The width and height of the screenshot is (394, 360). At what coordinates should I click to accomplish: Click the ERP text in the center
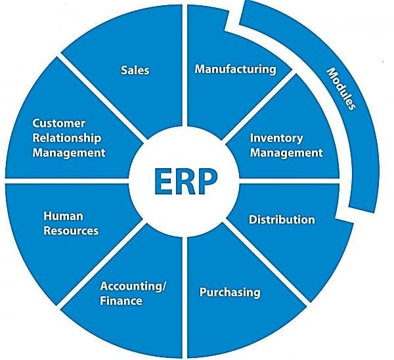[185, 181]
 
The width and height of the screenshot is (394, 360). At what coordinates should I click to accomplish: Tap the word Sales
[135, 70]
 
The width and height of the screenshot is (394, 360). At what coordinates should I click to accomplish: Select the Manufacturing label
[236, 70]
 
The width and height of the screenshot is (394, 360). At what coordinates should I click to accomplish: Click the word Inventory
[276, 139]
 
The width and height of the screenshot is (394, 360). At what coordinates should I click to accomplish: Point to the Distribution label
[282, 219]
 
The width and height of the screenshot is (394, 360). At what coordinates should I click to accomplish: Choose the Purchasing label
[230, 292]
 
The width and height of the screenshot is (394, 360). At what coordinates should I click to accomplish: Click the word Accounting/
[133, 286]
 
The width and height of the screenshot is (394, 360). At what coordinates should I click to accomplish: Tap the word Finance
[121, 301]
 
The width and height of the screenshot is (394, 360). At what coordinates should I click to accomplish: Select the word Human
[63, 216]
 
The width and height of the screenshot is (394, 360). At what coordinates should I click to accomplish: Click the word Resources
[71, 231]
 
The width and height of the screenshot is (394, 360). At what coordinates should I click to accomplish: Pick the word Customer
[59, 124]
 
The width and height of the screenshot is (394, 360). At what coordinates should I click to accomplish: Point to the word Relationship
[67, 138]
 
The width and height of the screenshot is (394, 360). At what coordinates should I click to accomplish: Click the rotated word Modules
[341, 89]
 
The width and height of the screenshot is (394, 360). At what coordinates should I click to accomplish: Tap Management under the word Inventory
[286, 153]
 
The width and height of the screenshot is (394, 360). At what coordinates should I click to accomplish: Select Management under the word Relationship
[69, 153]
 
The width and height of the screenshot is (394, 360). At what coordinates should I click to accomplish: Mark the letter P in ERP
[208, 181]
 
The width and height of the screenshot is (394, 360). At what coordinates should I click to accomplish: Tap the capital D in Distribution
[253, 219]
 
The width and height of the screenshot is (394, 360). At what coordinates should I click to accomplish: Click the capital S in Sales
[124, 70]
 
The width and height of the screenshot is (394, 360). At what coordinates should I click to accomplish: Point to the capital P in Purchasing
[202, 292]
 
